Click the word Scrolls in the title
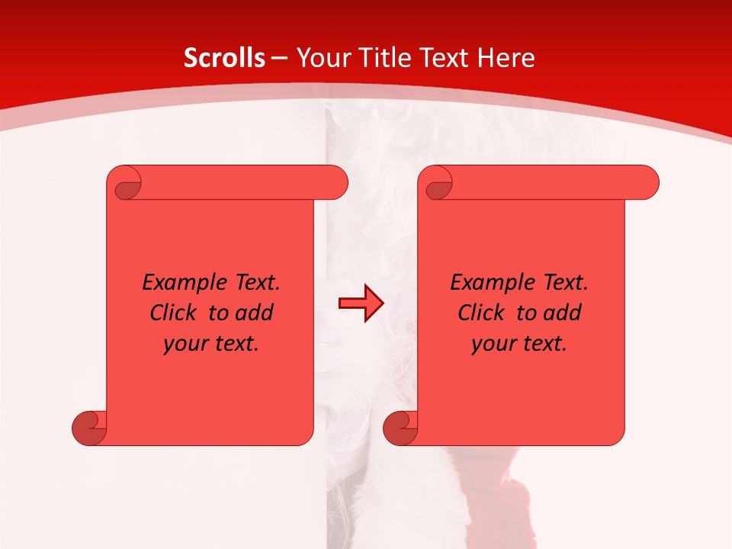[224, 58]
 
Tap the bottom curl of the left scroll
[89, 428]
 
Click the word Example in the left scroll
[180, 283]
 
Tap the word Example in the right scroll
[488, 283]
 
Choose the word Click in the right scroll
[480, 313]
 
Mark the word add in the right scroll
[563, 313]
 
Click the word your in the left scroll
[185, 345]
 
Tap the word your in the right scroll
[493, 345]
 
